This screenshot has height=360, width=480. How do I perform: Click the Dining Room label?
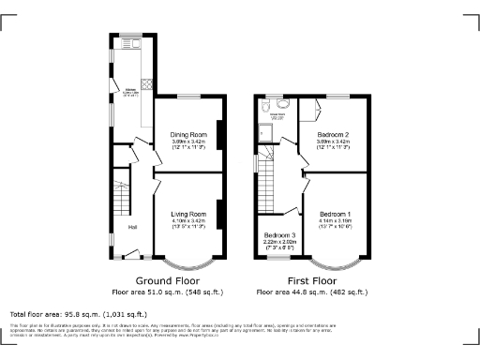click(188, 134)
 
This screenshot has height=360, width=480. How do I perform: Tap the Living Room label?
click(188, 215)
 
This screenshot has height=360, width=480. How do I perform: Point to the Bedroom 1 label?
click(336, 212)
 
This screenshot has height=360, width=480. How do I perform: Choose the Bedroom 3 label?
click(279, 234)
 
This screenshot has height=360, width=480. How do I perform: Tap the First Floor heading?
click(310, 280)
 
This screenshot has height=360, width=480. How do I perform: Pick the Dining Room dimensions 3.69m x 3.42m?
click(188, 142)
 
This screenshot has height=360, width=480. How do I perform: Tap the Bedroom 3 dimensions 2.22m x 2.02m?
click(279, 242)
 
